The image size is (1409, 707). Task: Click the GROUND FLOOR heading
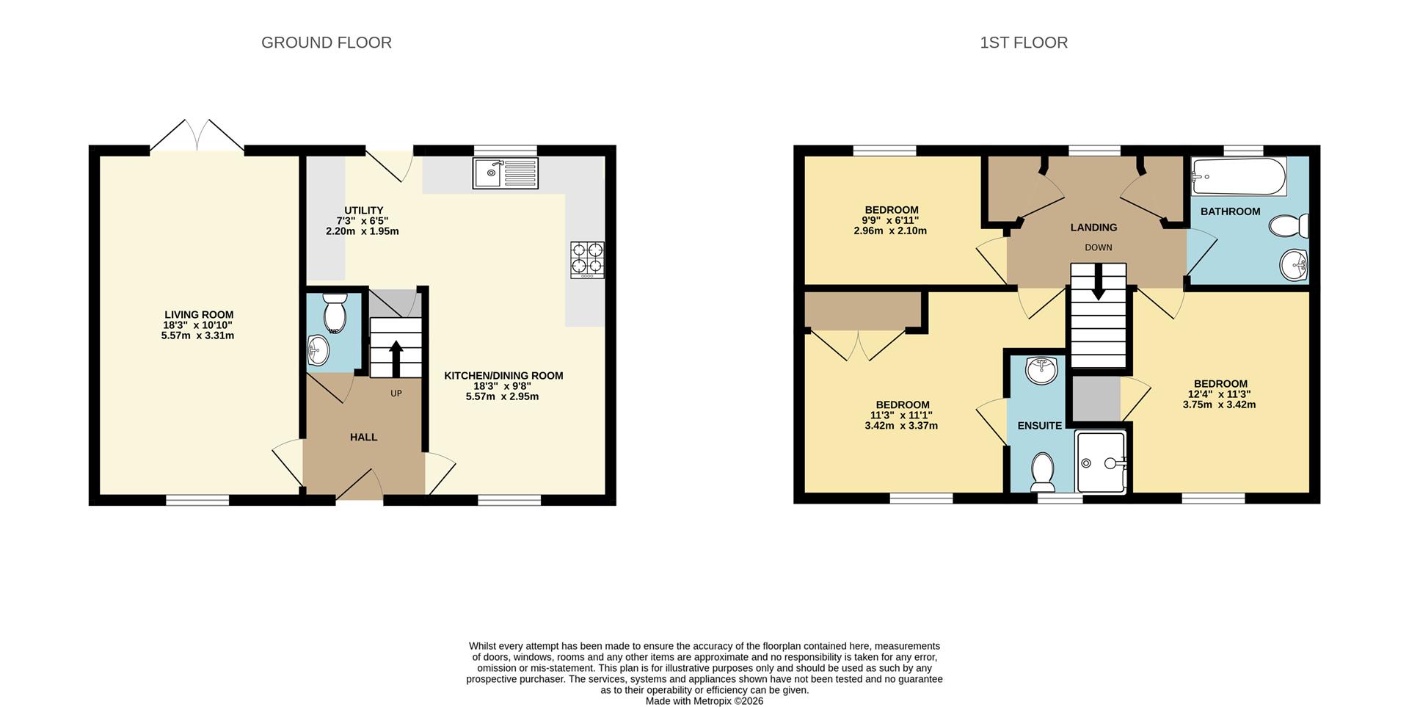[327, 43]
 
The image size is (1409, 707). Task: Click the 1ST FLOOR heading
[1024, 43]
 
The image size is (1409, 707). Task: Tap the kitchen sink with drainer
[506, 173]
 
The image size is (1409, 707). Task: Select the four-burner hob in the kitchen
[588, 260]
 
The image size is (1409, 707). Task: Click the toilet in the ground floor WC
[335, 313]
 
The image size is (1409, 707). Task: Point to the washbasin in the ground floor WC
[318, 350]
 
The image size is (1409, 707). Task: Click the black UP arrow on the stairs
[396, 358]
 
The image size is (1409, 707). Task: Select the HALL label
[363, 437]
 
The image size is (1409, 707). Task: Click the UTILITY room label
[364, 211]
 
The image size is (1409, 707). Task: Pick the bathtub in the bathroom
[1239, 176]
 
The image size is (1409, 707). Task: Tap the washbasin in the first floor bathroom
[1294, 264]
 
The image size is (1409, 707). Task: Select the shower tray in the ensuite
[1100, 462]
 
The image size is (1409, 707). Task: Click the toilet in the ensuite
[1042, 472]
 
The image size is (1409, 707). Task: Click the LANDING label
[1093, 228]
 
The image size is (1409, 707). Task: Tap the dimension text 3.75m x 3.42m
[1219, 405]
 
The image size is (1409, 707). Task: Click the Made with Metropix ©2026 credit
[704, 701]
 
